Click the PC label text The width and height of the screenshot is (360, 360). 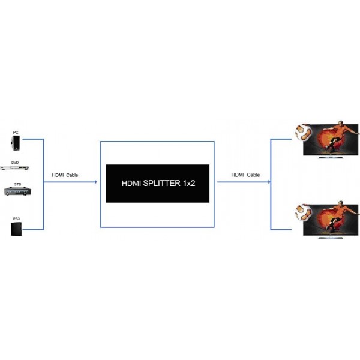click(x=16, y=132)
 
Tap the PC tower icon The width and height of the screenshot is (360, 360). click(x=16, y=143)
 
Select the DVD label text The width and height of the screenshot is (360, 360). click(x=15, y=163)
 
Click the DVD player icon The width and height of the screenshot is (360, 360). click(x=15, y=168)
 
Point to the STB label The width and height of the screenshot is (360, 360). click(x=17, y=184)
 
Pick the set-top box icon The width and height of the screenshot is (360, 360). click(x=17, y=191)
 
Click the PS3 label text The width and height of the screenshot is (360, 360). click(x=16, y=219)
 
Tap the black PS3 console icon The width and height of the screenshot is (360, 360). click(x=16, y=229)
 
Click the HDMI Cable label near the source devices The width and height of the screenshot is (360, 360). click(x=65, y=175)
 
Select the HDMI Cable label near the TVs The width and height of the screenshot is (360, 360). click(x=245, y=175)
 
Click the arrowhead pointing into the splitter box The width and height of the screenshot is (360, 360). click(x=96, y=182)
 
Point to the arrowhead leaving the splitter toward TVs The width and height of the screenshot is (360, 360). click(x=269, y=182)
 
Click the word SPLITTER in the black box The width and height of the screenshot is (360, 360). click(x=161, y=183)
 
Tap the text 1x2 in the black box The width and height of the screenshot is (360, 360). click(x=189, y=183)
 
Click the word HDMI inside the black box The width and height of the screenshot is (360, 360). click(x=131, y=183)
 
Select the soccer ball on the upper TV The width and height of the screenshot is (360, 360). click(x=304, y=132)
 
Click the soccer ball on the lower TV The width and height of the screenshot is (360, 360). click(x=304, y=212)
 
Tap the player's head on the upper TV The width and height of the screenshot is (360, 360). click(x=341, y=123)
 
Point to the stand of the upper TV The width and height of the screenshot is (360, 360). click(x=331, y=157)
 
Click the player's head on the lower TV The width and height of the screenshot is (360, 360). click(x=341, y=203)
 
